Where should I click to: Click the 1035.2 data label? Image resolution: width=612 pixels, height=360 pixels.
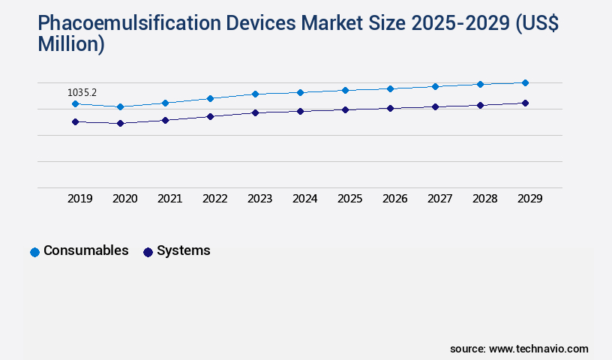82,92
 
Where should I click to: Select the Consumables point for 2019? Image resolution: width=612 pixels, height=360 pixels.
75,103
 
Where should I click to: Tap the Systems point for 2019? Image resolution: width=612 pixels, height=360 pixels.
75,121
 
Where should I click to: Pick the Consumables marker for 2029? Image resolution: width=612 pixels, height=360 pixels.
525,82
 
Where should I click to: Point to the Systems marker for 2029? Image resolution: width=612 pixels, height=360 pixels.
525,103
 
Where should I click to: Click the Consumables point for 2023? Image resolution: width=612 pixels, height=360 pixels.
255,94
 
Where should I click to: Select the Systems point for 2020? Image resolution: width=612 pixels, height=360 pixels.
120,123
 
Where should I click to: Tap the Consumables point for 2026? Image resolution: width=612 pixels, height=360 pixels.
390,88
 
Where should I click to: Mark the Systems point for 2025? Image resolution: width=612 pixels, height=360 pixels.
345,109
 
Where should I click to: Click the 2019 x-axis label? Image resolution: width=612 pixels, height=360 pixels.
80,199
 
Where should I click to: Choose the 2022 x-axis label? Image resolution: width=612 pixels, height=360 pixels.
215,199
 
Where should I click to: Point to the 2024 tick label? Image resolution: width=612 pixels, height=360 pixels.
305,199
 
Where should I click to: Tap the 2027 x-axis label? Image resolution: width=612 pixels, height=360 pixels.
440,199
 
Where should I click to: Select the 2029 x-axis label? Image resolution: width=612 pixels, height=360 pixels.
530,199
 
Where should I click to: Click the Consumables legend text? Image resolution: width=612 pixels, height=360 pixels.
85,250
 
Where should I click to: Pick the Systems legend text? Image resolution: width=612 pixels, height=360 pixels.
183,250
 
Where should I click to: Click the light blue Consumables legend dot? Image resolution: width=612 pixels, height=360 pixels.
34,252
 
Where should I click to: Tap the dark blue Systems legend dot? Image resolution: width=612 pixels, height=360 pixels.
148,252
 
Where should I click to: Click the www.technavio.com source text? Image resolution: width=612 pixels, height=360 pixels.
538,349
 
